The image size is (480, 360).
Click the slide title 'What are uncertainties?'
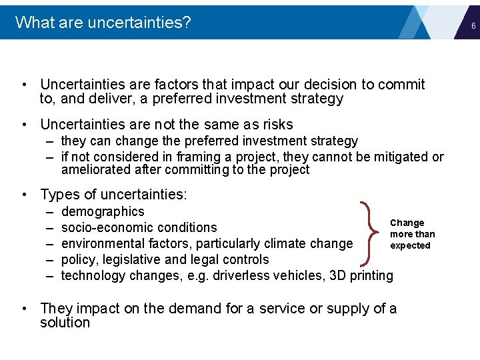tap(103, 23)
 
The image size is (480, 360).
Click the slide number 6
tap(472, 25)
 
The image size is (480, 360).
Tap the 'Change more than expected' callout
tap(411, 234)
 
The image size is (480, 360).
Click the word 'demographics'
tap(103, 212)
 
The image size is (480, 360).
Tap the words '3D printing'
tap(361, 276)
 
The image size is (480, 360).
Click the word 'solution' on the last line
tap(65, 323)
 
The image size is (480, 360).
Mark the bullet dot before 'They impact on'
tap(24, 309)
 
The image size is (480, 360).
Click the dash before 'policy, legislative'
tap(50, 260)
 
